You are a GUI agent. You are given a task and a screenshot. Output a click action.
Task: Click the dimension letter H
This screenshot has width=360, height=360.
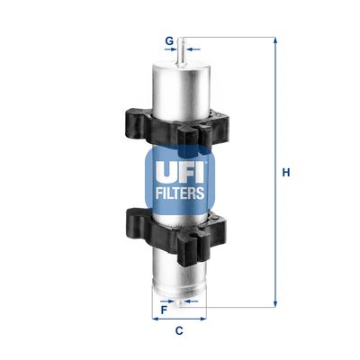(286, 172)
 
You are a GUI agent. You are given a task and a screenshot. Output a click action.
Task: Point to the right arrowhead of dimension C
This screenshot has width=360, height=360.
(204, 319)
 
